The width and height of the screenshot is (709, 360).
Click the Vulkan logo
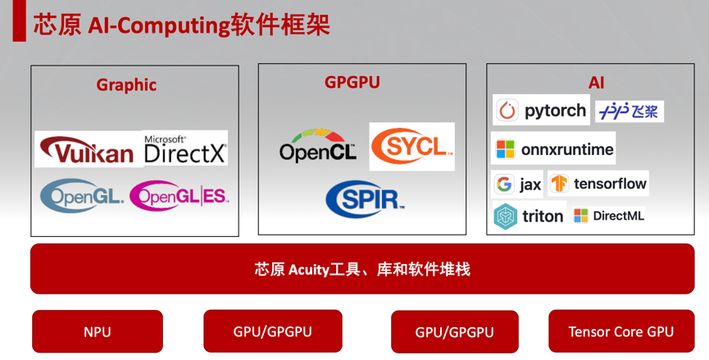coord(89,149)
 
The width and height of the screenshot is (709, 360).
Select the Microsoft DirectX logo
coord(184,148)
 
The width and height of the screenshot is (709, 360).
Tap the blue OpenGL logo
coord(82,194)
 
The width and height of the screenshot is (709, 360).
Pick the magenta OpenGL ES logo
coord(179,195)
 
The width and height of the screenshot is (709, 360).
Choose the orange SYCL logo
coord(411,147)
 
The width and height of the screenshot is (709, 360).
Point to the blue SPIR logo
coord(366,198)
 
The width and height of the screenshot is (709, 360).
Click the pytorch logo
coord(542,111)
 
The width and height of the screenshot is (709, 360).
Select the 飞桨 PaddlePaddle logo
coord(629,112)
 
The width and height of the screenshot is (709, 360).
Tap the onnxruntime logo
coord(553,149)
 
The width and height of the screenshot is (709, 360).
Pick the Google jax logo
coord(518,184)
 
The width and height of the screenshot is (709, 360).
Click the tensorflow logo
coord(598,184)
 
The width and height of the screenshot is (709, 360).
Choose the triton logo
coord(529,216)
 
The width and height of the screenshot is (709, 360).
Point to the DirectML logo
coord(609,216)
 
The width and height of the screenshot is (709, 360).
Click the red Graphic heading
coord(126,84)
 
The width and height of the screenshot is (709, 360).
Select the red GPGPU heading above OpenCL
coord(352,82)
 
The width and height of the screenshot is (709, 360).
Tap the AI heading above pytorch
coord(596,83)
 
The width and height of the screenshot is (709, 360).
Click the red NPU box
coord(97,332)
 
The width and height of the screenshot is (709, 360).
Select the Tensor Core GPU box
coord(620,331)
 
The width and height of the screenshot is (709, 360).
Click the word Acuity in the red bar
coord(308,269)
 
